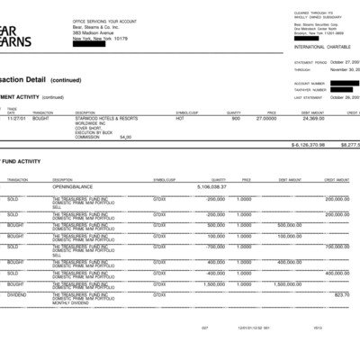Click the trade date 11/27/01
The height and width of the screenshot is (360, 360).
click(16, 118)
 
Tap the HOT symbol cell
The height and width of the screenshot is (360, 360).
click(180, 118)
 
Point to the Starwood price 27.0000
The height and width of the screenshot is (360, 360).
click(266, 118)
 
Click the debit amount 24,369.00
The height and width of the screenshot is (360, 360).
click(313, 118)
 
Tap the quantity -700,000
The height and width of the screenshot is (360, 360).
click(215, 246)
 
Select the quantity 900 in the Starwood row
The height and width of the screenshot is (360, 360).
click(235, 118)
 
